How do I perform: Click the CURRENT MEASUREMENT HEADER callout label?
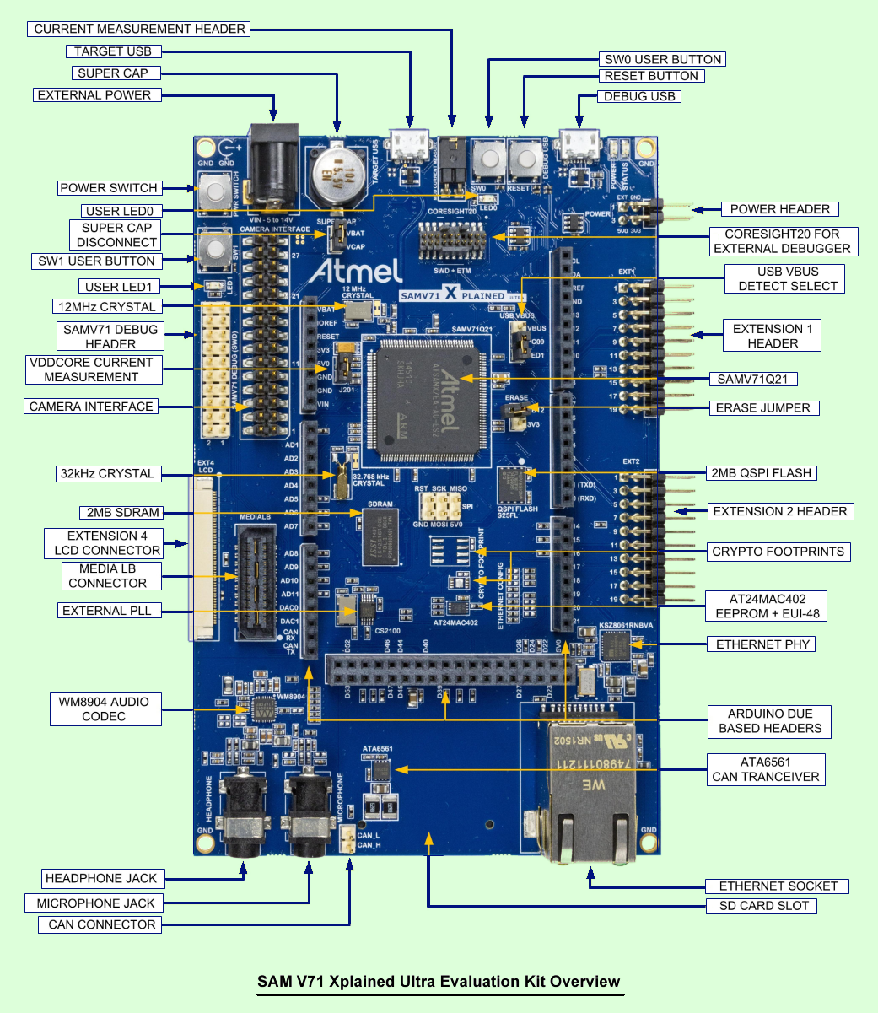(140, 29)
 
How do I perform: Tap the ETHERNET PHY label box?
(762, 644)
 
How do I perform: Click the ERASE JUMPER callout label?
(762, 407)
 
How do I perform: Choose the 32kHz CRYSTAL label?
(107, 473)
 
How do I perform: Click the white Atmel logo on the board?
(354, 271)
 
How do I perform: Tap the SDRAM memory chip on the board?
(380, 536)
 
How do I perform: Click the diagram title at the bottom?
(439, 982)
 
